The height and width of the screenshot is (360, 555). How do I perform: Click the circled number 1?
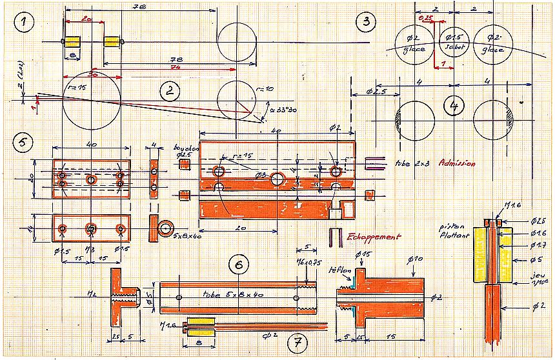26,25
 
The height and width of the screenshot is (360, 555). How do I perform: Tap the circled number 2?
169,91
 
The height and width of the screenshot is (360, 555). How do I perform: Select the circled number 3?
366,22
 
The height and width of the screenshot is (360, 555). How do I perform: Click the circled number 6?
239,265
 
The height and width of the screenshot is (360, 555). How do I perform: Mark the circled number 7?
297,339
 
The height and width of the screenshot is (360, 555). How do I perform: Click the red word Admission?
457,164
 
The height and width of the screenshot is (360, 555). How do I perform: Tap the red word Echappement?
373,237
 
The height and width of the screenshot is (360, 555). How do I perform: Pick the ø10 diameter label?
415,259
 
